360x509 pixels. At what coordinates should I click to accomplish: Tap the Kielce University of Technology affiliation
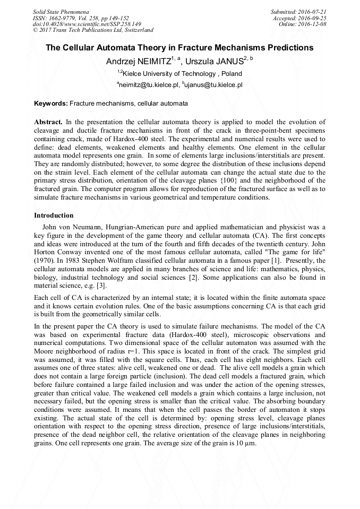pos(182,74)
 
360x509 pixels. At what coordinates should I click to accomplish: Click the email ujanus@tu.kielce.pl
pos(213,84)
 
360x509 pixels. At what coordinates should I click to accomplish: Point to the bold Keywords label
pos(51,103)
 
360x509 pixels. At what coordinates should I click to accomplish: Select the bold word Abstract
pos(48,122)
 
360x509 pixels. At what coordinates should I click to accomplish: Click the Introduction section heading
pos(54,215)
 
